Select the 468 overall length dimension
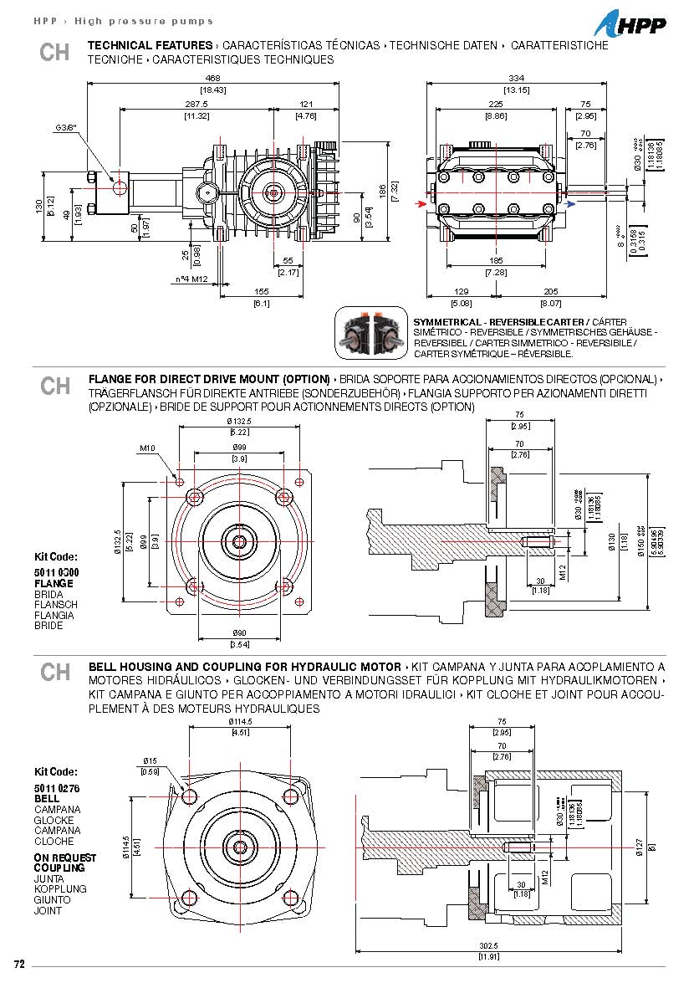click(x=212, y=78)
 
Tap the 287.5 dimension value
click(x=196, y=104)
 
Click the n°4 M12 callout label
click(x=191, y=278)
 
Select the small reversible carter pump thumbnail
click(x=371, y=333)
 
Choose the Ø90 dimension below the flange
click(x=240, y=634)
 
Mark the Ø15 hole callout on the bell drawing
click(x=150, y=760)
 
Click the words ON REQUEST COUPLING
click(x=64, y=863)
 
